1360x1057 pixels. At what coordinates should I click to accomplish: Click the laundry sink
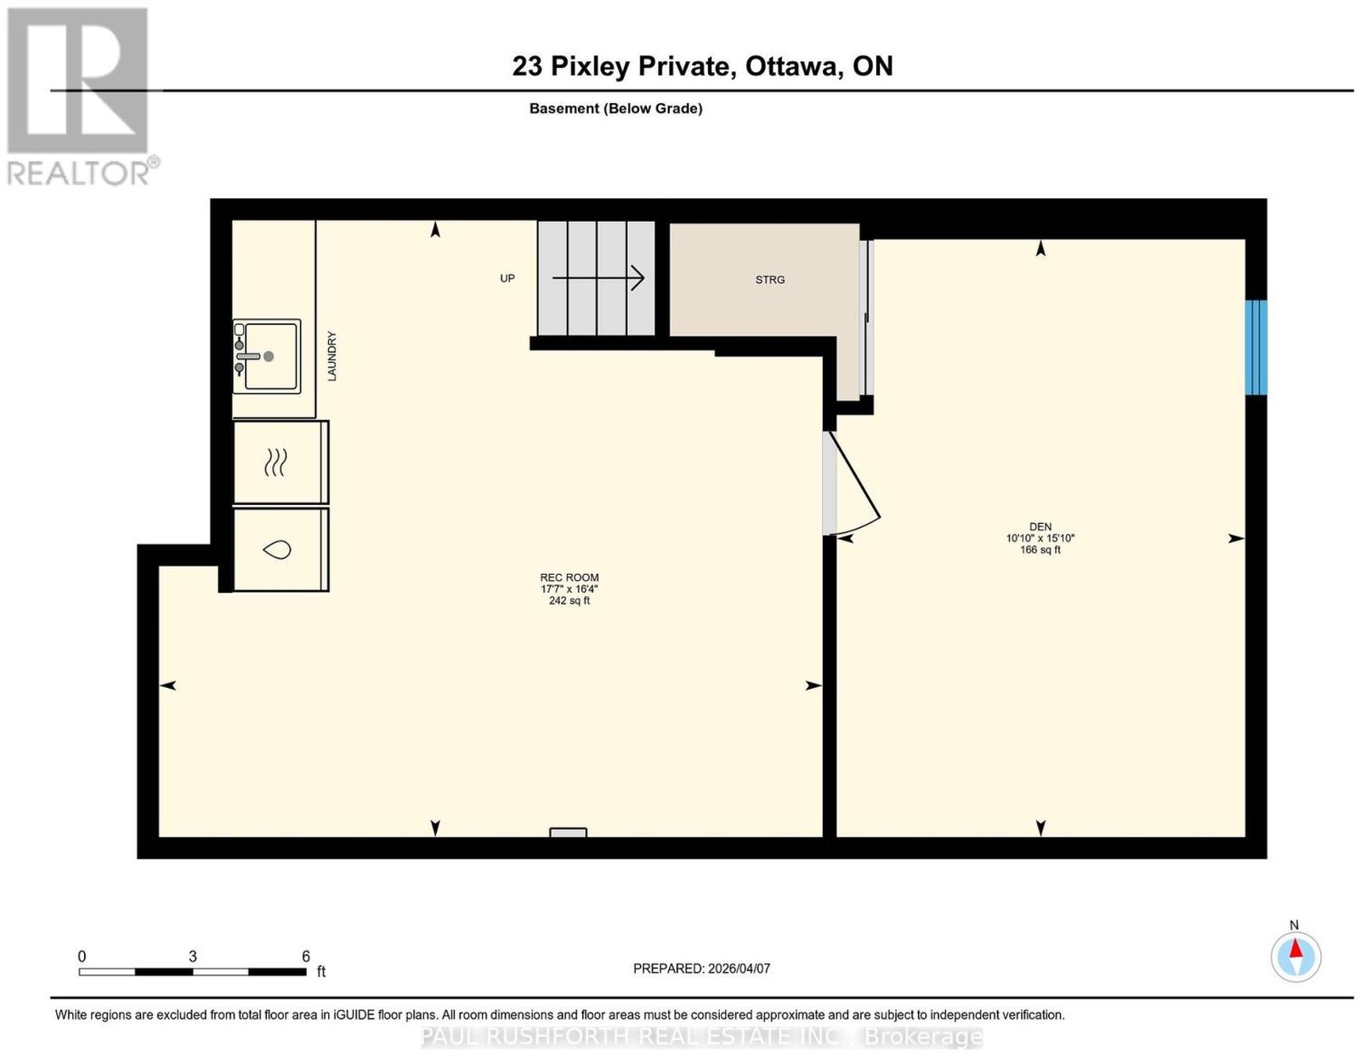[x=267, y=356]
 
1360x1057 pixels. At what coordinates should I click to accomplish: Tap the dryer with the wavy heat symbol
[x=281, y=462]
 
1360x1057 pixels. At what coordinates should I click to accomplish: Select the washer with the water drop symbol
[x=281, y=549]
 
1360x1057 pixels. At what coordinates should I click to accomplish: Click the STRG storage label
[x=770, y=280]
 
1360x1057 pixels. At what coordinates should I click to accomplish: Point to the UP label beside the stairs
[x=507, y=278]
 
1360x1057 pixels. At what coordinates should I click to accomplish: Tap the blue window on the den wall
[x=1255, y=347]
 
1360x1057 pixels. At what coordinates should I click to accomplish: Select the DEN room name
[x=1040, y=527]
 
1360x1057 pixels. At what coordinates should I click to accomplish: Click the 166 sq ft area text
[x=1040, y=550]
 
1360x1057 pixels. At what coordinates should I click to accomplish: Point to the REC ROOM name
[x=569, y=577]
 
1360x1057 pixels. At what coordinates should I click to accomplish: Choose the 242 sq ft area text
[x=569, y=601]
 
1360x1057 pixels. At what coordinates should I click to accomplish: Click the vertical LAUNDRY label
[x=331, y=356]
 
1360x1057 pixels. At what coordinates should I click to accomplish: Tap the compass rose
[x=1295, y=958]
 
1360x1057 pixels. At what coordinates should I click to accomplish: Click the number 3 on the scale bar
[x=193, y=957]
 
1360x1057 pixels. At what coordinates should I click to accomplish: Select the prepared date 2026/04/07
[x=739, y=969]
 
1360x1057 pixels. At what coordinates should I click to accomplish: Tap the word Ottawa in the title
[x=791, y=66]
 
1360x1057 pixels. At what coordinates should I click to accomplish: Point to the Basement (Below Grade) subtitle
[x=616, y=108]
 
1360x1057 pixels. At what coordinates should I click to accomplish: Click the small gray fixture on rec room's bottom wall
[x=568, y=833]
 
